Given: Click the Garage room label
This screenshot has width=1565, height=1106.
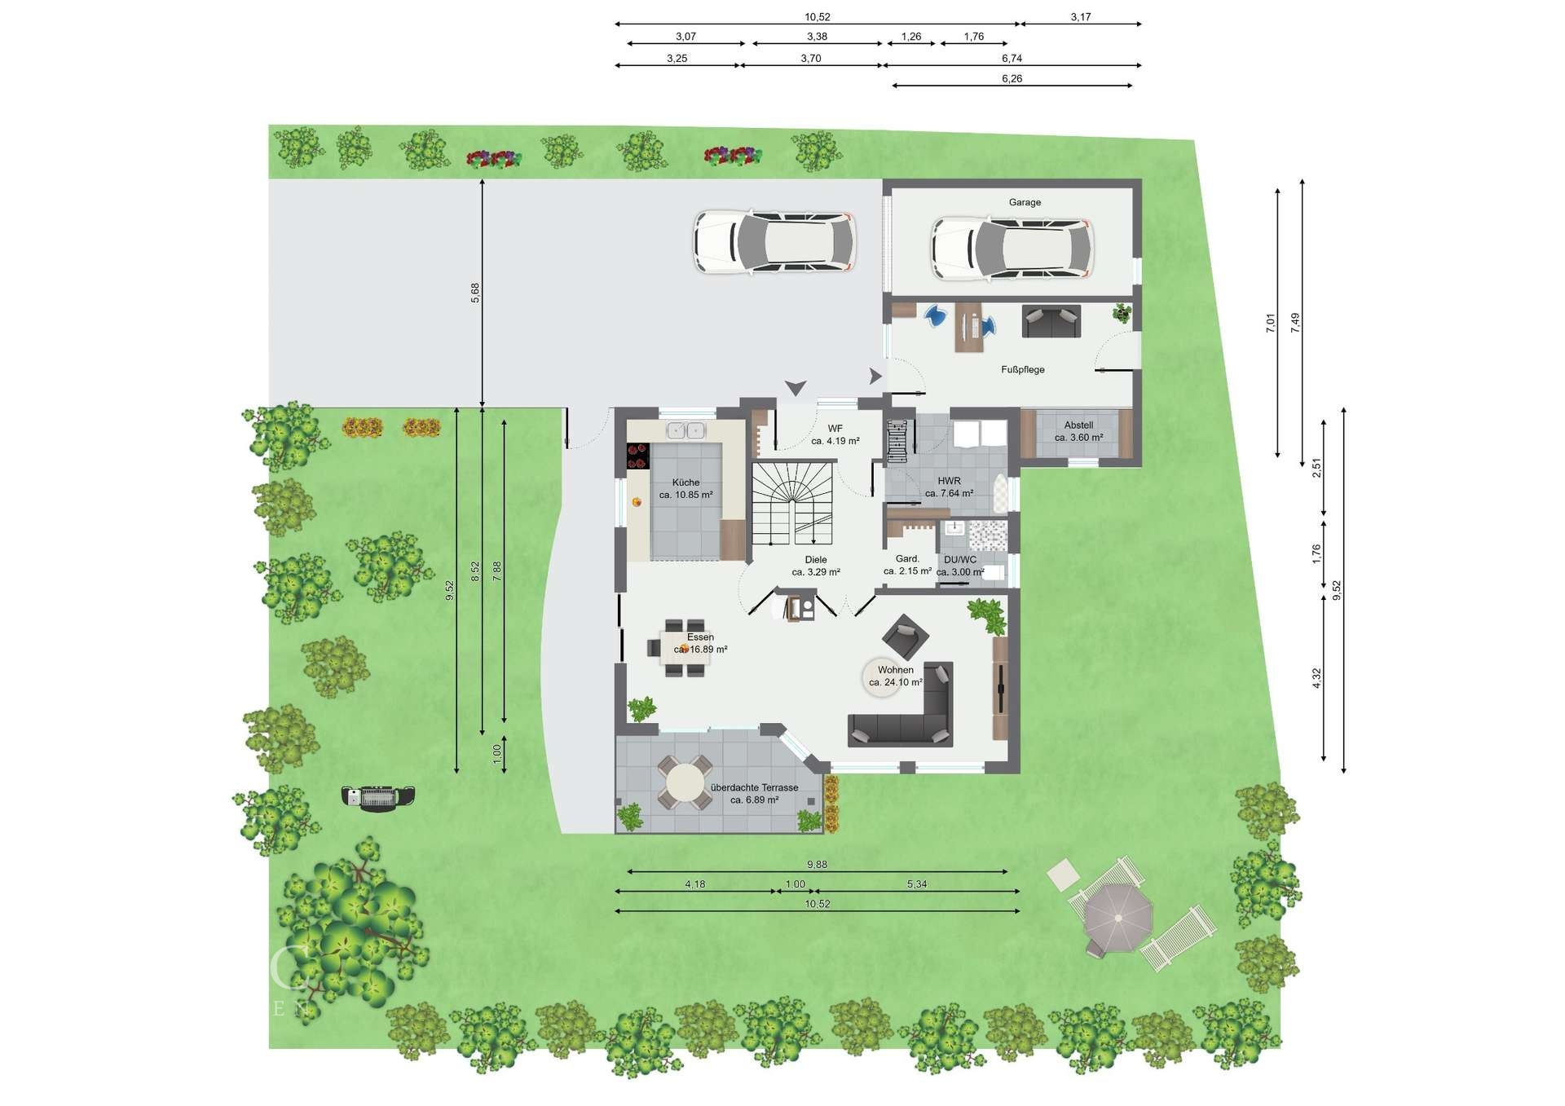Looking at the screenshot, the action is pos(1025,202).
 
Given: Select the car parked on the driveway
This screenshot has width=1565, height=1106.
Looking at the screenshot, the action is pos(774,241).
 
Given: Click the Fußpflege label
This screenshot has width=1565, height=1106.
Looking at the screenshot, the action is pos(1023,369).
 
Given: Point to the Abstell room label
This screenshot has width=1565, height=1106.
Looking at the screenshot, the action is pos(1078,425).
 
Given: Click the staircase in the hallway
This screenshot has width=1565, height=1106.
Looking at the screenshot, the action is pos(793,503).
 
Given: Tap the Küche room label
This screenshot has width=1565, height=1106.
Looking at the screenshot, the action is pos(686,482).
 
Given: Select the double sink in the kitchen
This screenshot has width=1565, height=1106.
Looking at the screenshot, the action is pos(686,430).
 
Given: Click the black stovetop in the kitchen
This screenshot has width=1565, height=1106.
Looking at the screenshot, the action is pos(637,456).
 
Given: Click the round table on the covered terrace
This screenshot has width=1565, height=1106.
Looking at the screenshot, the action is pos(685,782).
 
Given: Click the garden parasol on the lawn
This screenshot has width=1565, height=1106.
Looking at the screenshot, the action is pos(1118,918).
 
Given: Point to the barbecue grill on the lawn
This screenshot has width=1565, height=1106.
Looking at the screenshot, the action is pos(377,796).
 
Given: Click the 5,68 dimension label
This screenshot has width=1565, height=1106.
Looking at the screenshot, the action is pos(475,293).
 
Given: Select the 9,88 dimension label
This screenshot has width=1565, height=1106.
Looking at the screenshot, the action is pos(817,865).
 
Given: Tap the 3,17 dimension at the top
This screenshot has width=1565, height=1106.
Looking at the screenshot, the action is pos(1081,17).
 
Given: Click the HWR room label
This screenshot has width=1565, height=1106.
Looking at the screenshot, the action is pos(949,481).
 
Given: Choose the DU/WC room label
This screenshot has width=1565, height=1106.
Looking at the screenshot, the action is pos(960,560).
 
